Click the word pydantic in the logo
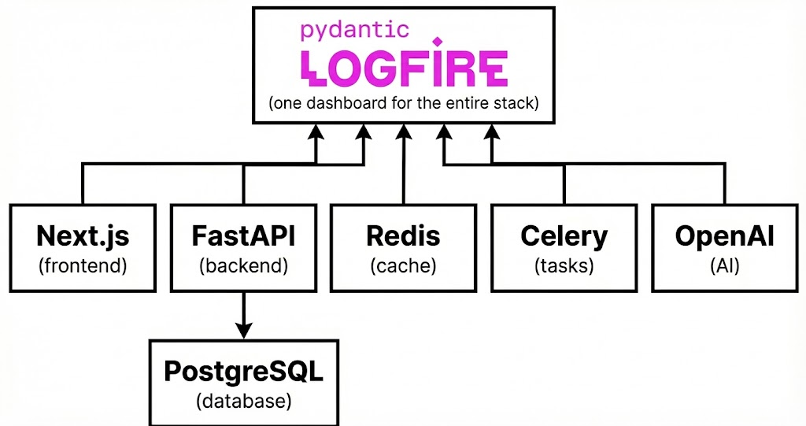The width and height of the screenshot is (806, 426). pos(355,31)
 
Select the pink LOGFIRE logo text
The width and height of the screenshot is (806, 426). pos(404,69)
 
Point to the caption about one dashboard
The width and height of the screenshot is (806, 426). pos(404,103)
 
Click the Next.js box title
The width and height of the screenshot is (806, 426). pos(83,236)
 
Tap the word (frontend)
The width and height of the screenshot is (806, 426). pos(83,265)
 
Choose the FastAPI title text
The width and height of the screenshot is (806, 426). pos(244,236)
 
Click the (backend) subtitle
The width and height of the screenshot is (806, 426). pos(244,265)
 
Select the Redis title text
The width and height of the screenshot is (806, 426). pos(403,236)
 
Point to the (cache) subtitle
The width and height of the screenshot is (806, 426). pos(403,265)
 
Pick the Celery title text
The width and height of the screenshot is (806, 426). pos(564,236)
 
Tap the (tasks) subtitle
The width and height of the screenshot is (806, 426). pos(564,265)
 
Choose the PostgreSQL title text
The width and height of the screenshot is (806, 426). pos(244,371)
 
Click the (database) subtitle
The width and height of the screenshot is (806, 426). pos(244,401)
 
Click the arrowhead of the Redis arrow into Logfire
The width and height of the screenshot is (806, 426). pos(404,132)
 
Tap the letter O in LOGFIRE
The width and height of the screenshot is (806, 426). pos(348,69)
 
